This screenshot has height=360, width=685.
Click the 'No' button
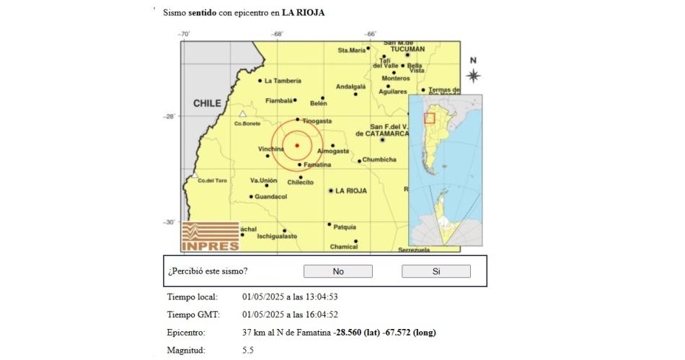tap(337, 271)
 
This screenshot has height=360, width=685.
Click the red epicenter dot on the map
tap(296, 145)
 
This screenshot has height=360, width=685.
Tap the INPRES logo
tap(210, 237)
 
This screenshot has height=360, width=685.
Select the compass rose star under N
tap(473, 75)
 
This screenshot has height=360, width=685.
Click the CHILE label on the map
tap(207, 104)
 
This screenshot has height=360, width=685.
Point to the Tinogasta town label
tap(317, 120)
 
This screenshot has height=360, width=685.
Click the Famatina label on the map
tap(317, 164)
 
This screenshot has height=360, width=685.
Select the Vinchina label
tap(271, 149)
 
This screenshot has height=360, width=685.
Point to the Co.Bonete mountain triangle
tap(243, 114)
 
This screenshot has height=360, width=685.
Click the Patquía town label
tap(345, 227)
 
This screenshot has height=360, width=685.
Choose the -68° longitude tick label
tap(278, 34)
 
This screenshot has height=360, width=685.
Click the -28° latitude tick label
tap(169, 115)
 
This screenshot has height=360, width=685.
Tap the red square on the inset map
tap(430, 118)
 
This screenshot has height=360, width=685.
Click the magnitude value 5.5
tap(248, 350)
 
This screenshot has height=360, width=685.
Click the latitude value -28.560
tap(350, 333)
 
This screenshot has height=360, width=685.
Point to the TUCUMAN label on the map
tap(405, 49)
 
